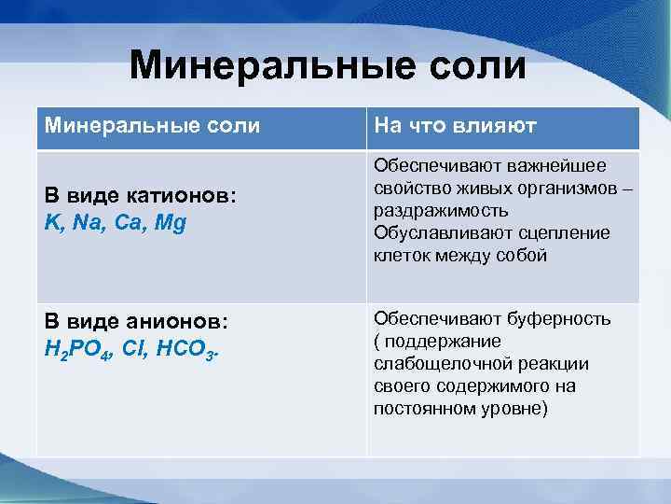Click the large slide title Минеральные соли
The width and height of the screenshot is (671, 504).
(328, 66)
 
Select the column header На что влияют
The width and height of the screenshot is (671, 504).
(454, 126)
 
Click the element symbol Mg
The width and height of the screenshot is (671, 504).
(171, 224)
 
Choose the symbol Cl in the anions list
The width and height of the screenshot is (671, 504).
(132, 348)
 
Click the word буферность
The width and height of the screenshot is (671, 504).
(563, 319)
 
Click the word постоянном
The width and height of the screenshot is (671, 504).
(420, 409)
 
